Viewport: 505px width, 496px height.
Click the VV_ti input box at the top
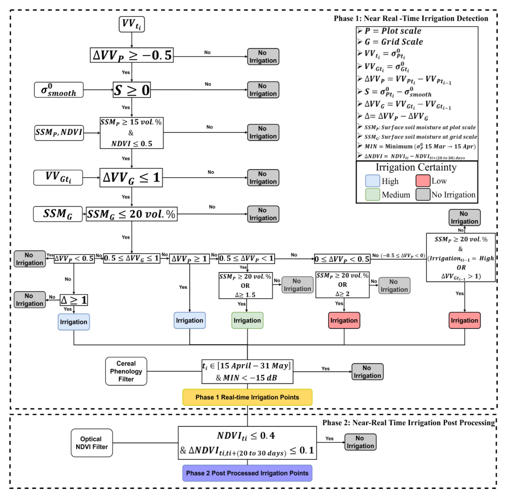tap(132, 24)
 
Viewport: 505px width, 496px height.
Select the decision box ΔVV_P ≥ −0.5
tap(132, 55)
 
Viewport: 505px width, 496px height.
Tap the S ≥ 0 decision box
tap(132, 90)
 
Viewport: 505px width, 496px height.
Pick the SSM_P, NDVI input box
tap(59, 133)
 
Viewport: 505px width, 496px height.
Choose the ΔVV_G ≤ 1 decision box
tap(131, 178)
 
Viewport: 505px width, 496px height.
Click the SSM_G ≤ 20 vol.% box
tap(132, 214)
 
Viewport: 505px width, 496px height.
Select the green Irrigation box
tap(247, 320)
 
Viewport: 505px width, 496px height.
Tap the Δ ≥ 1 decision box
tap(74, 300)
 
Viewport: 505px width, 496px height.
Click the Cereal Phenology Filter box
tap(126, 371)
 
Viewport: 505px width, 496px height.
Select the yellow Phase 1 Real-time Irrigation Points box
tap(247, 397)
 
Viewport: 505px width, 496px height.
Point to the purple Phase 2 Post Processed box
tap(247, 473)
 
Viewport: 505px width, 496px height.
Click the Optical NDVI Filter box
tap(92, 443)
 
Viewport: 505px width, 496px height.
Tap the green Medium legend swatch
tap(372, 195)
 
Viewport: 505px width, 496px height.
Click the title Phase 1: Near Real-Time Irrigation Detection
tap(411, 18)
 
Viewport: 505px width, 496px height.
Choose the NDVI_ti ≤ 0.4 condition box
tap(247, 443)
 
